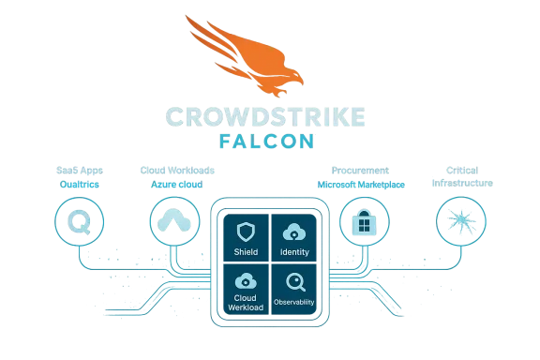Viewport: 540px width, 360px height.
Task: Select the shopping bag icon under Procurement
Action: click(363, 221)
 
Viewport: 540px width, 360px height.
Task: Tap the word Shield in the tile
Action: click(245, 253)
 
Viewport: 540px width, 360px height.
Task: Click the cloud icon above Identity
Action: click(293, 232)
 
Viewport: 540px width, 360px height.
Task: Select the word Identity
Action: click(294, 253)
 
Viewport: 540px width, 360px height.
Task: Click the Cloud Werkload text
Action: click(245, 303)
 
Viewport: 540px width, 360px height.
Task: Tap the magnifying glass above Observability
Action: click(294, 280)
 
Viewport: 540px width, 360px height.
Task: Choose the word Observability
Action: click(294, 302)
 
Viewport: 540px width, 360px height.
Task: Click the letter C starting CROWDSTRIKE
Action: click(174, 116)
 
